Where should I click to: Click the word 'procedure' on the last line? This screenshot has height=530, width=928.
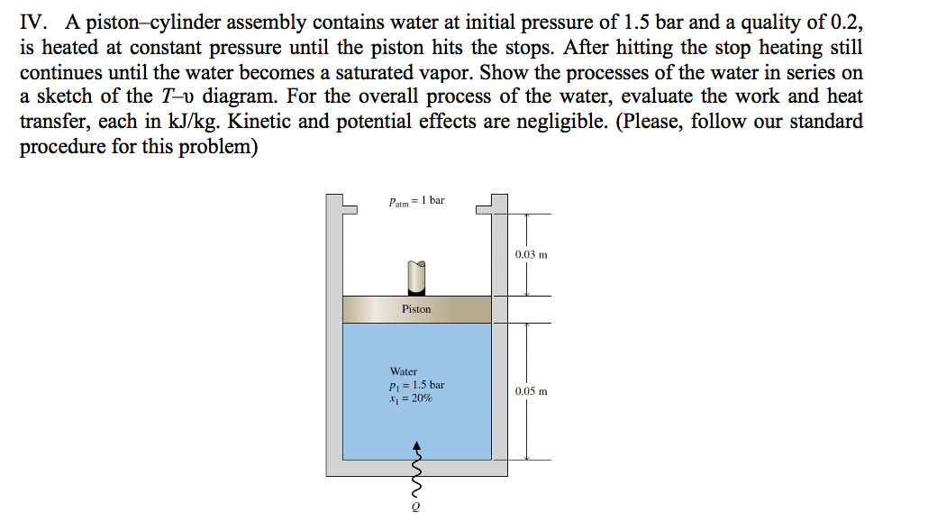point(63,147)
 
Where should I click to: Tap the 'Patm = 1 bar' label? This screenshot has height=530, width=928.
point(416,201)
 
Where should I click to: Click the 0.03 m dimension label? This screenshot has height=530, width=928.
point(532,255)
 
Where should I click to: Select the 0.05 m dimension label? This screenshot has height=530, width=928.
point(532,392)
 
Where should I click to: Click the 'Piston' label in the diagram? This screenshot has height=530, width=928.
point(416,309)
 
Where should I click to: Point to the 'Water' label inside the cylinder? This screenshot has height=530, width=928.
point(404,371)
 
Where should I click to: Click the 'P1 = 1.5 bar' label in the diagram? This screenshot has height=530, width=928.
point(416,385)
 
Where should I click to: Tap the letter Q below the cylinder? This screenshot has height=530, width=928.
point(415,507)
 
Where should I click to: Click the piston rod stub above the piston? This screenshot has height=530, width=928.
point(416,278)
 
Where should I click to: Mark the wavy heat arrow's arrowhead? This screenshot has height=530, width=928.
point(416,445)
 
